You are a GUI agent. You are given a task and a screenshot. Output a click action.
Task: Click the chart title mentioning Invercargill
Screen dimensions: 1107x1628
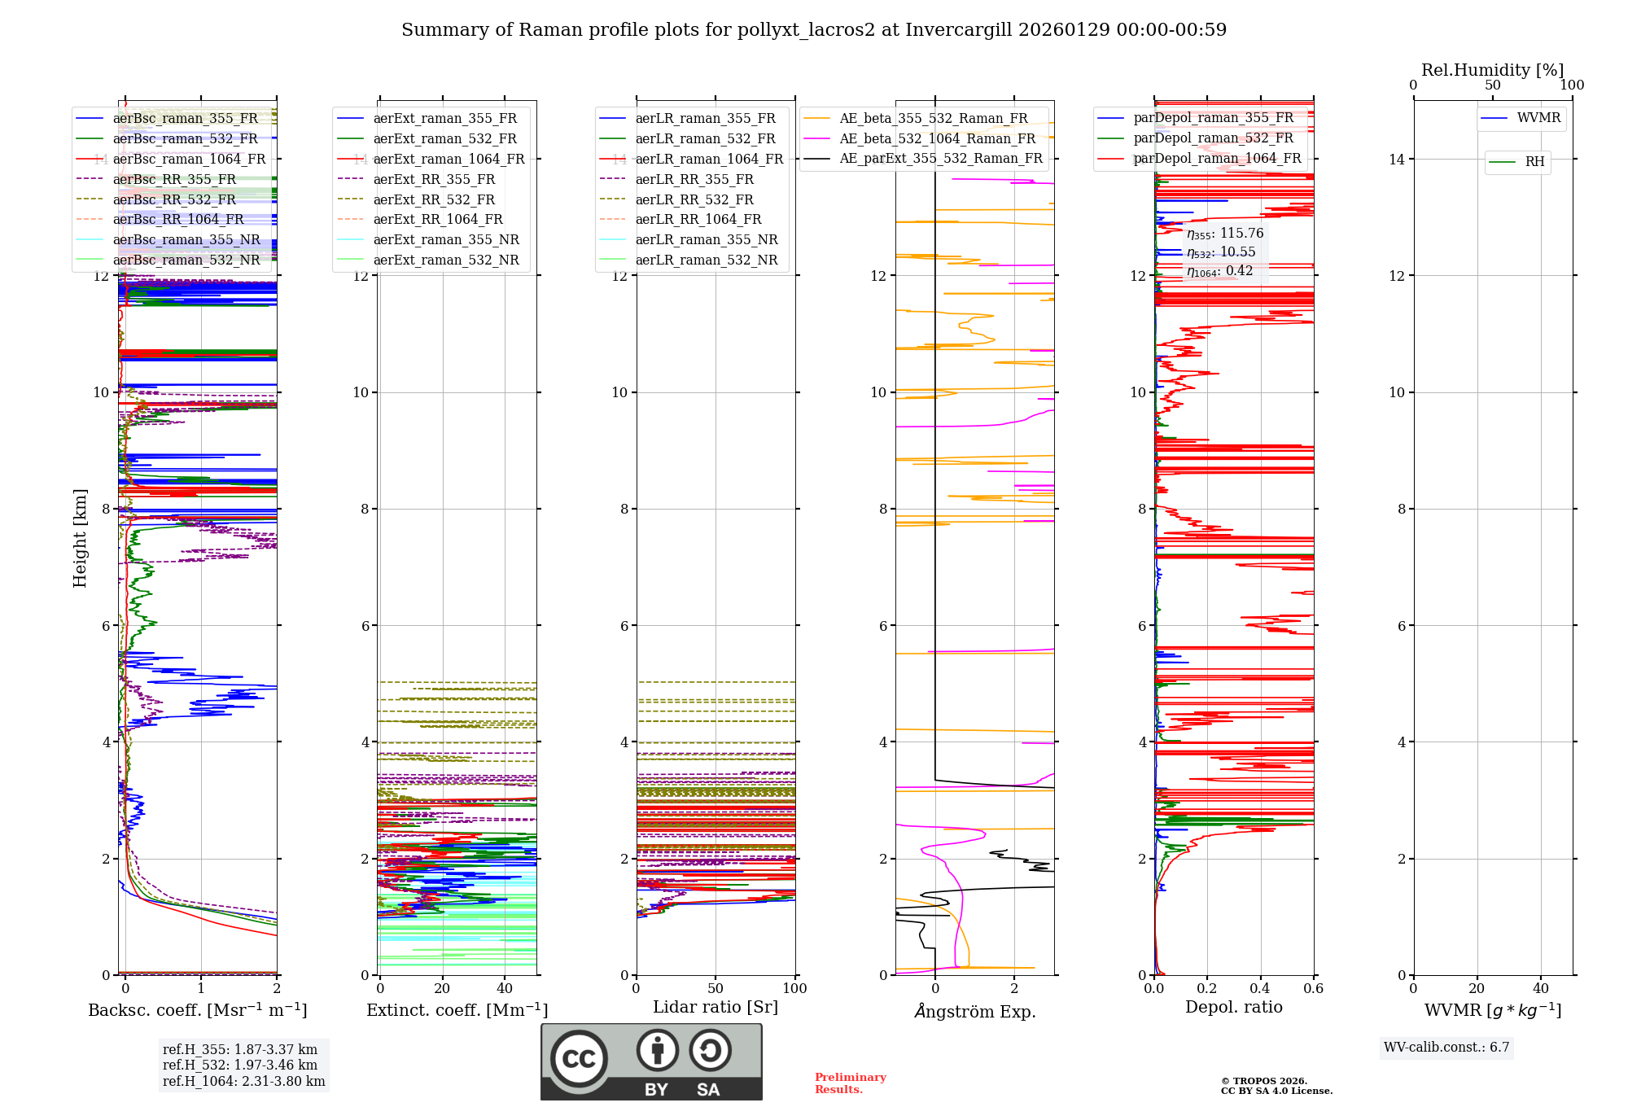[x=813, y=30]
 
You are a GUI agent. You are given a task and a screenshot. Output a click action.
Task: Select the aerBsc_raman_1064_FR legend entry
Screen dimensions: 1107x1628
[x=189, y=159]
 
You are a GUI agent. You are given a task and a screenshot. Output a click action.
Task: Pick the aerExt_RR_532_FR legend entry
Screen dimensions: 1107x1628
[x=434, y=199]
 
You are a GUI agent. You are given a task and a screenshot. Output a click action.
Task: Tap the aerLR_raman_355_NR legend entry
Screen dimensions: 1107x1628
[x=706, y=239]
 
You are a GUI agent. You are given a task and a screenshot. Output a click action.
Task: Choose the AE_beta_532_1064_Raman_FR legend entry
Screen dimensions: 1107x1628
[x=937, y=138]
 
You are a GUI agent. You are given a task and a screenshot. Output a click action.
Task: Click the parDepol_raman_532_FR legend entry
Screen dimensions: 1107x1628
[x=1213, y=138]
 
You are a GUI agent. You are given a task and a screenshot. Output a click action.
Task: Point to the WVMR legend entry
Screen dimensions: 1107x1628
[x=1538, y=118]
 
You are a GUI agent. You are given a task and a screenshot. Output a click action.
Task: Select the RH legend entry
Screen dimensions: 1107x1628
[x=1534, y=162]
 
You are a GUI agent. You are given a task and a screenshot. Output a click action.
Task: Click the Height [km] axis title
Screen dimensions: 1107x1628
[x=80, y=537]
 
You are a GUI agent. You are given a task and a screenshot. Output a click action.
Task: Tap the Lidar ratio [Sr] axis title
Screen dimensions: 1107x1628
[x=716, y=1007]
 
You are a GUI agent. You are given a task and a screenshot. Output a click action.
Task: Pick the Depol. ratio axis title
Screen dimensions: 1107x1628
[x=1233, y=1007]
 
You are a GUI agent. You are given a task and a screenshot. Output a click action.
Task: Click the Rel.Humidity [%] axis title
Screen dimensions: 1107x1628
[x=1492, y=70]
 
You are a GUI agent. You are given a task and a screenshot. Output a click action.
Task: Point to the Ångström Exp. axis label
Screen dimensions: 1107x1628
[x=974, y=1011]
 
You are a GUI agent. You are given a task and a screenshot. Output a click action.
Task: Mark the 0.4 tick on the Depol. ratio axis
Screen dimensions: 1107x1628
[x=1260, y=988]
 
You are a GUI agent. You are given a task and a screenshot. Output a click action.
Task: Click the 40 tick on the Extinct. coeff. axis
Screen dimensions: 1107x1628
[x=505, y=988]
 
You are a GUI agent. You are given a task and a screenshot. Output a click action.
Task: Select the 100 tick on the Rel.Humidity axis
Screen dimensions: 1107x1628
[x=1572, y=85]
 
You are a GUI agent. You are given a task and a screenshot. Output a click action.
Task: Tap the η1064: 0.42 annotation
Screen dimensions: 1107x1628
[x=1219, y=271]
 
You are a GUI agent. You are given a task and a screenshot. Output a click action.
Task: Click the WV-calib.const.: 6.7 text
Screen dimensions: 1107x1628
[x=1446, y=1047]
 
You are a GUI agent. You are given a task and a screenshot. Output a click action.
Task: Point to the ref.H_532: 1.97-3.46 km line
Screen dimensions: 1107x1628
[x=240, y=1065]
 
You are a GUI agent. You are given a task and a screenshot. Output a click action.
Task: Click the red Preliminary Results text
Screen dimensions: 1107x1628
[x=850, y=1083]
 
